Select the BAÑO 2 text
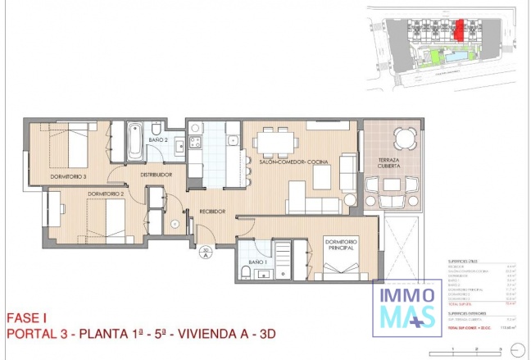click(158, 140)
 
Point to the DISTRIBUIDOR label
click(155, 175)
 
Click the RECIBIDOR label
click(211, 212)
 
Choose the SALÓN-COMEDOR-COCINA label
click(293, 162)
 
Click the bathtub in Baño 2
click(134, 140)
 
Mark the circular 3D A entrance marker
click(206, 253)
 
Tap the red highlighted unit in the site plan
click(461, 30)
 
